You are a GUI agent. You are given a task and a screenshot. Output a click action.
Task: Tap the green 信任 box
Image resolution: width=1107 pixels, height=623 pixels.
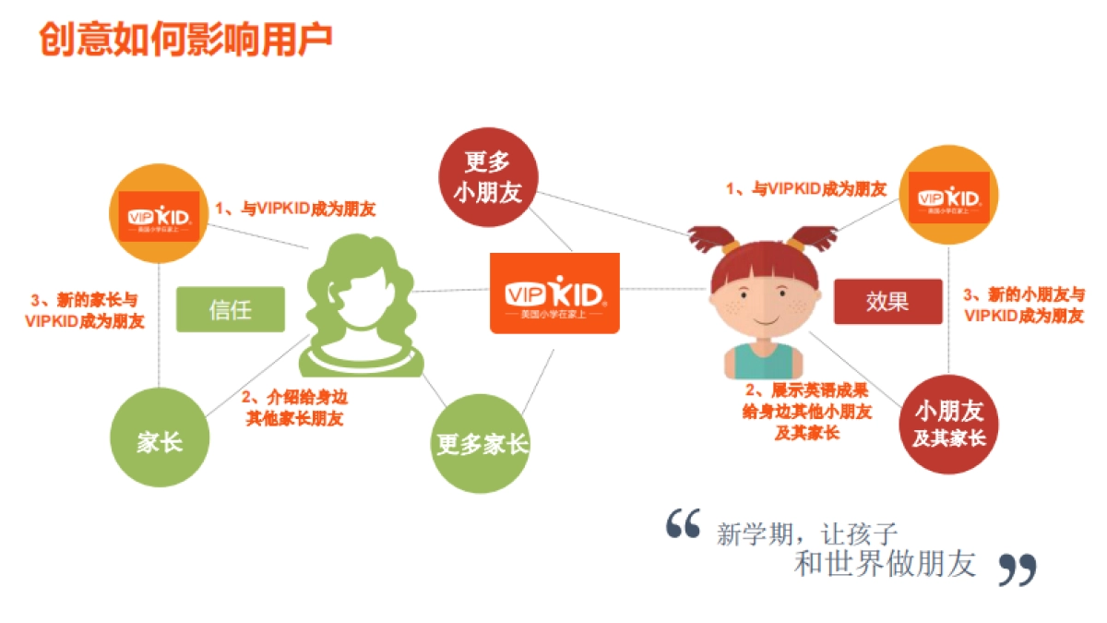point(230,309)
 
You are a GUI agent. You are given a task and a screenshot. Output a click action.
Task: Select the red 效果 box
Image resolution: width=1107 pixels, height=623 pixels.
point(887,302)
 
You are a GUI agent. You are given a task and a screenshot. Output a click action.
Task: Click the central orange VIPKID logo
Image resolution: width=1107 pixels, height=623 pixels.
point(554,294)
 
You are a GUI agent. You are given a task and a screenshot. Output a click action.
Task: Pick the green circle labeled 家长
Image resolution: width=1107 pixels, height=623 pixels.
point(160,442)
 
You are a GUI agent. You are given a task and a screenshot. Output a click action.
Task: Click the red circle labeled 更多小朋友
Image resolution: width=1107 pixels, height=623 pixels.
point(487,178)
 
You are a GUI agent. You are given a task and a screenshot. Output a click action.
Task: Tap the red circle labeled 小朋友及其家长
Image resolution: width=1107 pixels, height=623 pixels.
point(949,422)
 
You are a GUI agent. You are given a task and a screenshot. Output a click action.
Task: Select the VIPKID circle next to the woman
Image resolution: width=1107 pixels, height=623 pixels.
point(161,216)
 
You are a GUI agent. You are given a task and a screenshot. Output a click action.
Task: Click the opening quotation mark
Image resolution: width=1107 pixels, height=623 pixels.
point(684,523)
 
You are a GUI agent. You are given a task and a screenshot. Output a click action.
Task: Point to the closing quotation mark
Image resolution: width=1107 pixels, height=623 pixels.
point(1018,569)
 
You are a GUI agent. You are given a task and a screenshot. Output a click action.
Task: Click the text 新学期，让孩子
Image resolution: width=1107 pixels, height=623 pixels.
point(807,533)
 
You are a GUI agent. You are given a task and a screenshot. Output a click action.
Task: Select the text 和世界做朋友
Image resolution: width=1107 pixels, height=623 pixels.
point(885,564)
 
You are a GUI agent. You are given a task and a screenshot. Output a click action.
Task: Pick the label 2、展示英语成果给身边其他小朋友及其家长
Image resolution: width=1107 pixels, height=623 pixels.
point(806,411)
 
